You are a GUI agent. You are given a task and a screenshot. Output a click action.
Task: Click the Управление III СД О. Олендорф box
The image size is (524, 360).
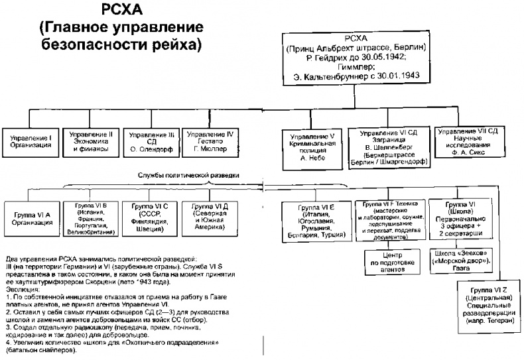click(x=152, y=141)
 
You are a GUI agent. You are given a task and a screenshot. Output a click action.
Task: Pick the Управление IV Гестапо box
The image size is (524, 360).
click(x=209, y=140)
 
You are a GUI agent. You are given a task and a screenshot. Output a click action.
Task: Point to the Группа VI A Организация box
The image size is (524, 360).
click(x=33, y=219)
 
